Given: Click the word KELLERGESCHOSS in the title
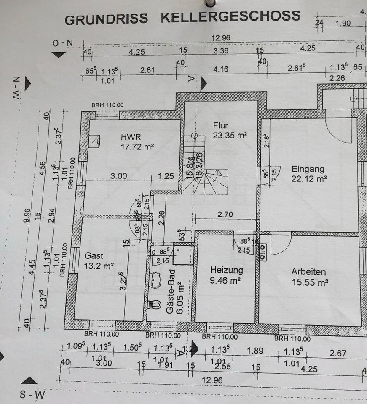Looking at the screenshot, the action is (x=230, y=16).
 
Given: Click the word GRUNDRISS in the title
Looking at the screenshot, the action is (x=106, y=19).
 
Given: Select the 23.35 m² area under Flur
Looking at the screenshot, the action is (x=230, y=135).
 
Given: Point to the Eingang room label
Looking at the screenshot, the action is (x=308, y=169).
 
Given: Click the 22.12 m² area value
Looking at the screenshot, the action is (x=309, y=178).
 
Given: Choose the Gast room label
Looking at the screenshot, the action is (x=94, y=255).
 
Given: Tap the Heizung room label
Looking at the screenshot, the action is (x=227, y=270).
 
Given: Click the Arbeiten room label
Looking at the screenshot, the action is (x=308, y=272).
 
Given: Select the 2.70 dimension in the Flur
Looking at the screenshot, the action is (x=226, y=214).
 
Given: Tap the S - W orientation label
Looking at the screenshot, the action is (x=33, y=395).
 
